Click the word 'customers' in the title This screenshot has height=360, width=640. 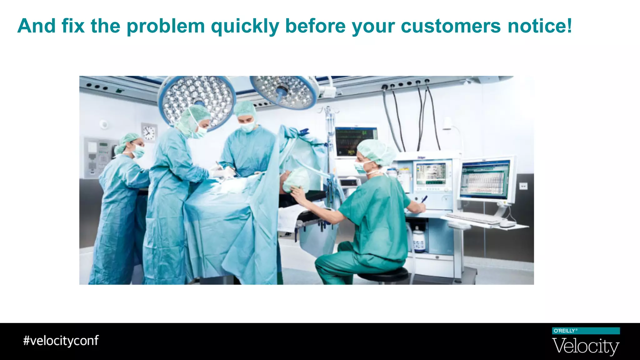(451, 26)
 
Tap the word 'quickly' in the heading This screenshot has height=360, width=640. (245, 27)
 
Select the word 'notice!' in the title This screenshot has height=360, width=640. (540, 26)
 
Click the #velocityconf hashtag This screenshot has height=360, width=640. (61, 341)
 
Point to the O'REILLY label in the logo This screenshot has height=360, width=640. (564, 331)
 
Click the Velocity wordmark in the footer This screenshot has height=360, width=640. (586, 347)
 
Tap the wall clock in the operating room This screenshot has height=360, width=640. (149, 132)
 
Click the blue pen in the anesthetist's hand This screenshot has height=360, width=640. (424, 199)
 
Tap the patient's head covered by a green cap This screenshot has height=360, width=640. (295, 179)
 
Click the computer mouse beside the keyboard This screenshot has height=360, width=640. (507, 224)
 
